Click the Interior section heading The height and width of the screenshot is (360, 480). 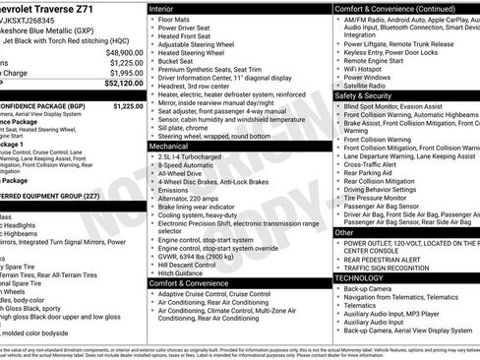(163, 8)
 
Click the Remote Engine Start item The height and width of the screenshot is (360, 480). (378, 60)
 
